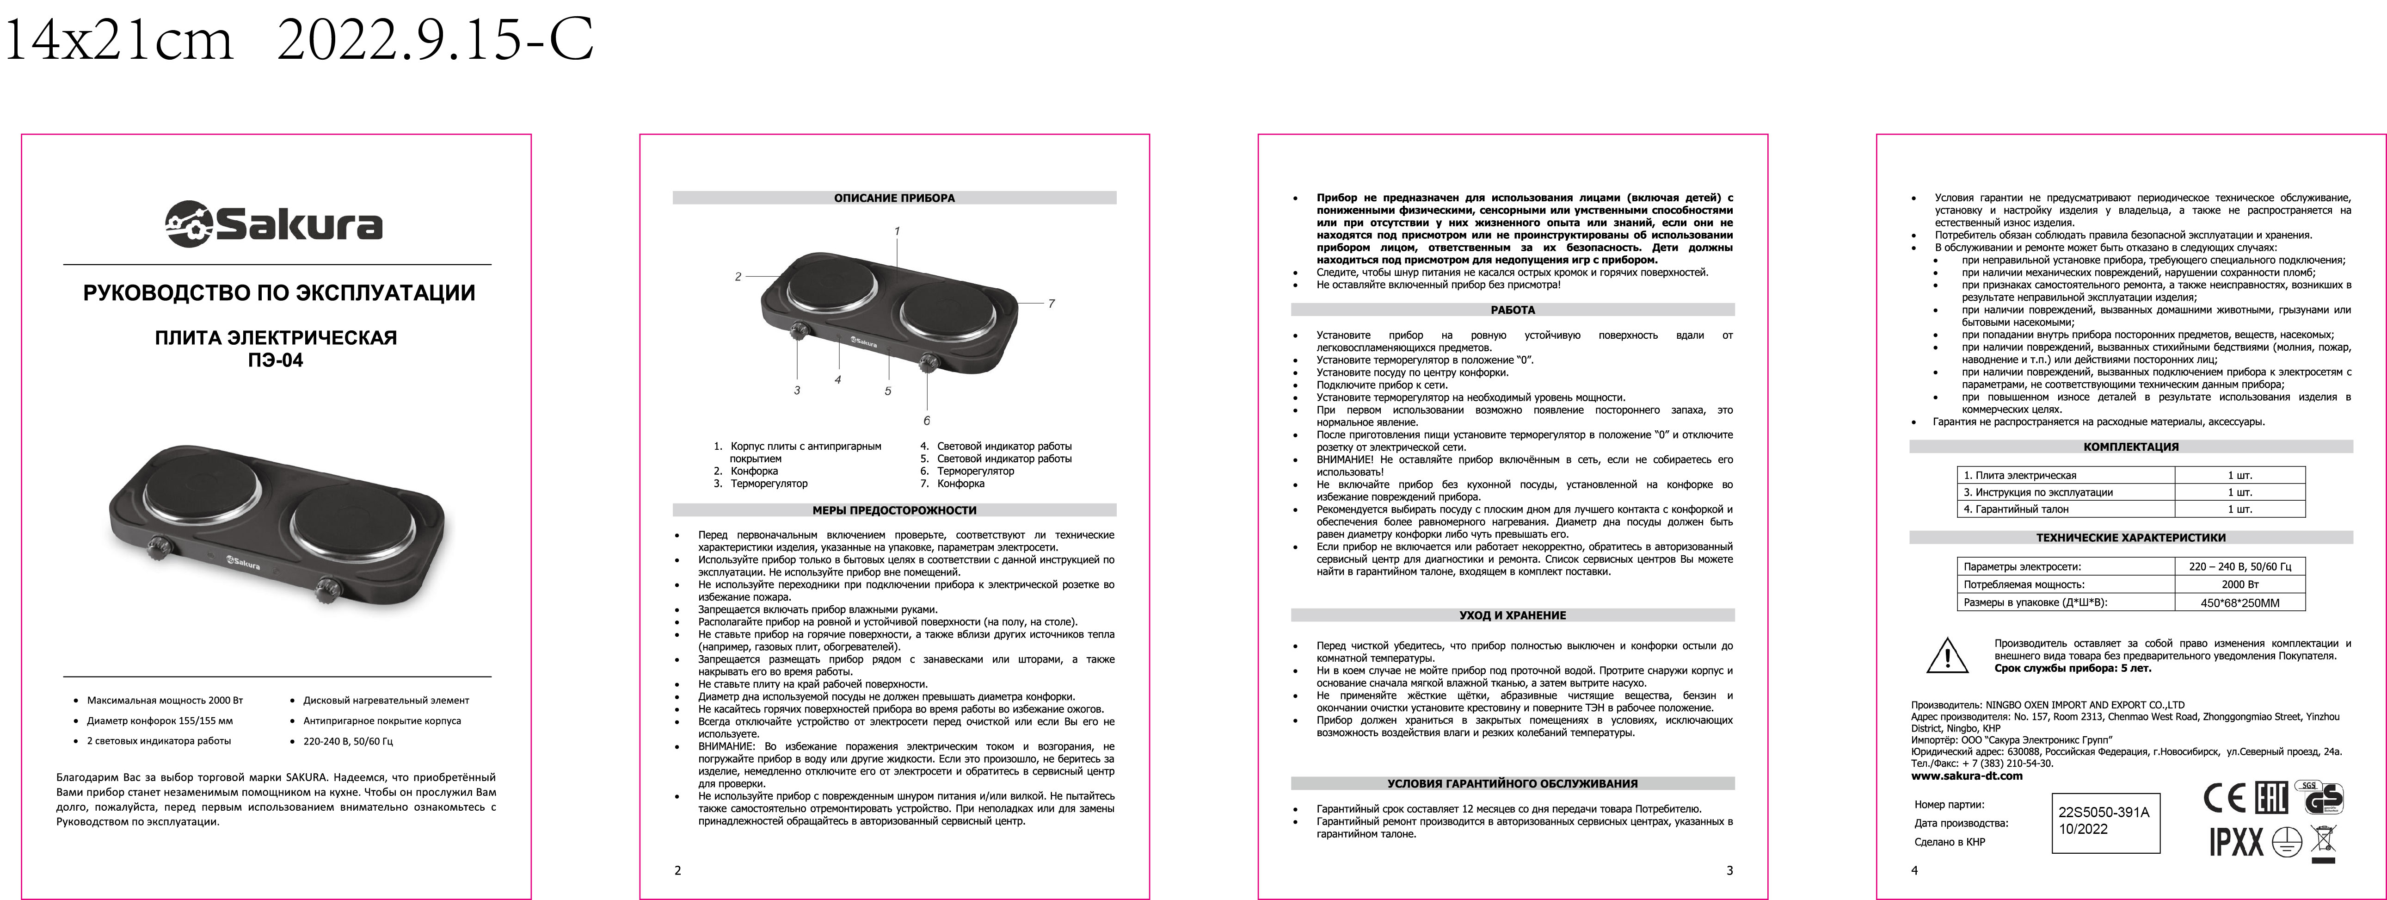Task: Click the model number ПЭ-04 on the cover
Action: tap(275, 360)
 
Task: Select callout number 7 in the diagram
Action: tap(1051, 303)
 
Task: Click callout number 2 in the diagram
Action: tap(738, 276)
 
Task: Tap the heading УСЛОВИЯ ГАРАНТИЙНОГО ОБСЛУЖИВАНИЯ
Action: tap(1512, 783)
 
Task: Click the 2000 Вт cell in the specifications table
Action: tap(2239, 584)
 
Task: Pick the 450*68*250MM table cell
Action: tap(2239, 602)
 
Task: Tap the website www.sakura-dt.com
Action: tap(1966, 776)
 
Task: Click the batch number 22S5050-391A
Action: tap(2104, 812)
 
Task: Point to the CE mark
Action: tap(2223, 798)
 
